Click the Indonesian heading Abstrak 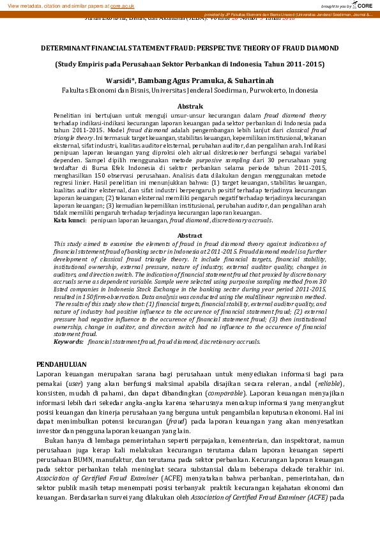point(190,106)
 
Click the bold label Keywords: point(68,342)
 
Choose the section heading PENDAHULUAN point(62,364)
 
